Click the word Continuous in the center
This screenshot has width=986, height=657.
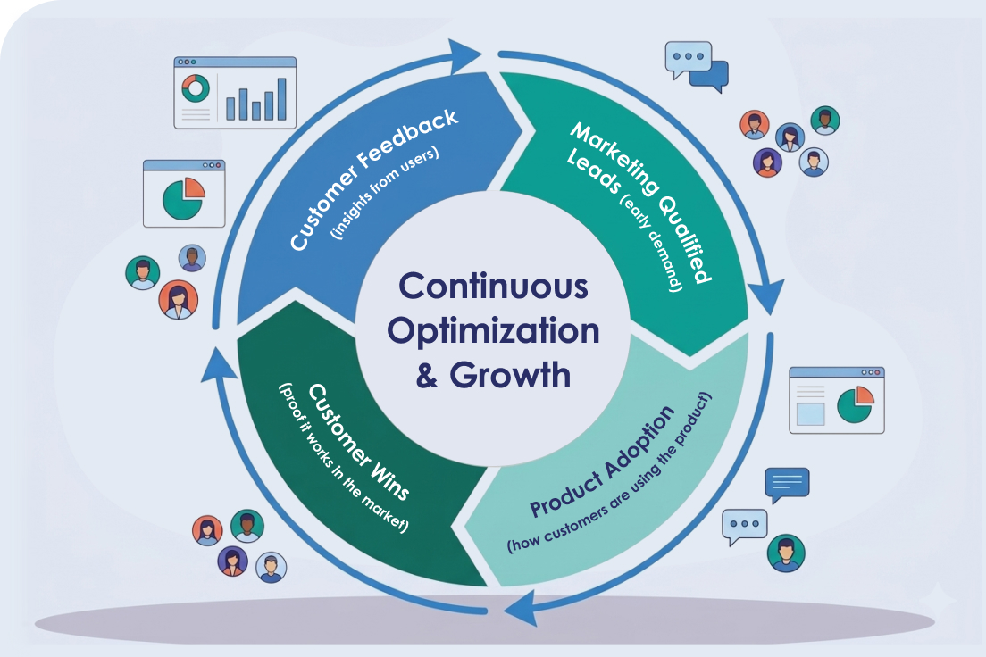coord(493,287)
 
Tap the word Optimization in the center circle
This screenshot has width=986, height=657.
coord(493,331)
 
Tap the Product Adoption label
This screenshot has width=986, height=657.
coord(600,462)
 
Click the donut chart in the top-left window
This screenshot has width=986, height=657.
coord(195,87)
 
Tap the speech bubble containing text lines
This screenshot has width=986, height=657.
coord(787,482)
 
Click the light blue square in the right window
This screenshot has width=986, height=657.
coord(810,413)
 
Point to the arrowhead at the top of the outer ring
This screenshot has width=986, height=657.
coord(464,55)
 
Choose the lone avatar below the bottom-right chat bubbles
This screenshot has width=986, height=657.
coord(786,553)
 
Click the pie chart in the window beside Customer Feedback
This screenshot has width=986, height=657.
coord(184,198)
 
